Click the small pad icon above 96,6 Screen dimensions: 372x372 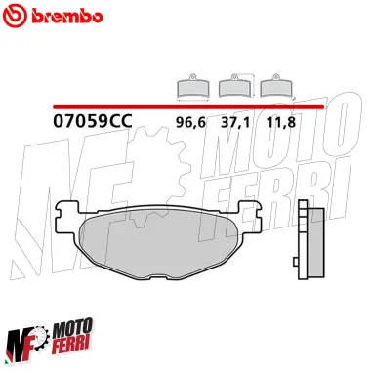(190, 88)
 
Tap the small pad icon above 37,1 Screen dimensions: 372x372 (235, 88)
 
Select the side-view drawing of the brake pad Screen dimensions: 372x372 (314, 240)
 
